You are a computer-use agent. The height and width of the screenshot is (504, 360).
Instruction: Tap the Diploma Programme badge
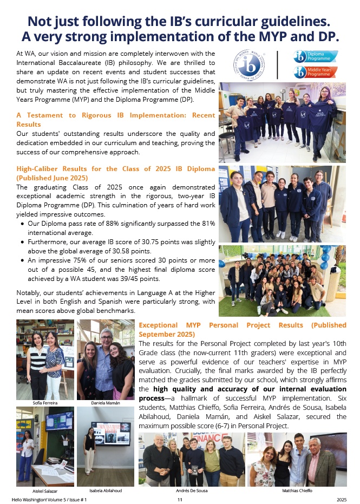tap(315, 56)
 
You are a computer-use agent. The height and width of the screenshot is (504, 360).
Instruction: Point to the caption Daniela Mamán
tap(105, 403)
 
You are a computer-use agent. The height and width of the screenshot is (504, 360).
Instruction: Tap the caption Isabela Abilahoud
tap(105, 490)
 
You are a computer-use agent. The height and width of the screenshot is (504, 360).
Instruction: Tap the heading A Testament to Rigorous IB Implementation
tap(116, 115)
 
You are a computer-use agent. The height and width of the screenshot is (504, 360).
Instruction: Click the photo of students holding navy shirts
tap(282, 122)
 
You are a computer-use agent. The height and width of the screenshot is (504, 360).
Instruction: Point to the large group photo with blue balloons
tap(282, 280)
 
